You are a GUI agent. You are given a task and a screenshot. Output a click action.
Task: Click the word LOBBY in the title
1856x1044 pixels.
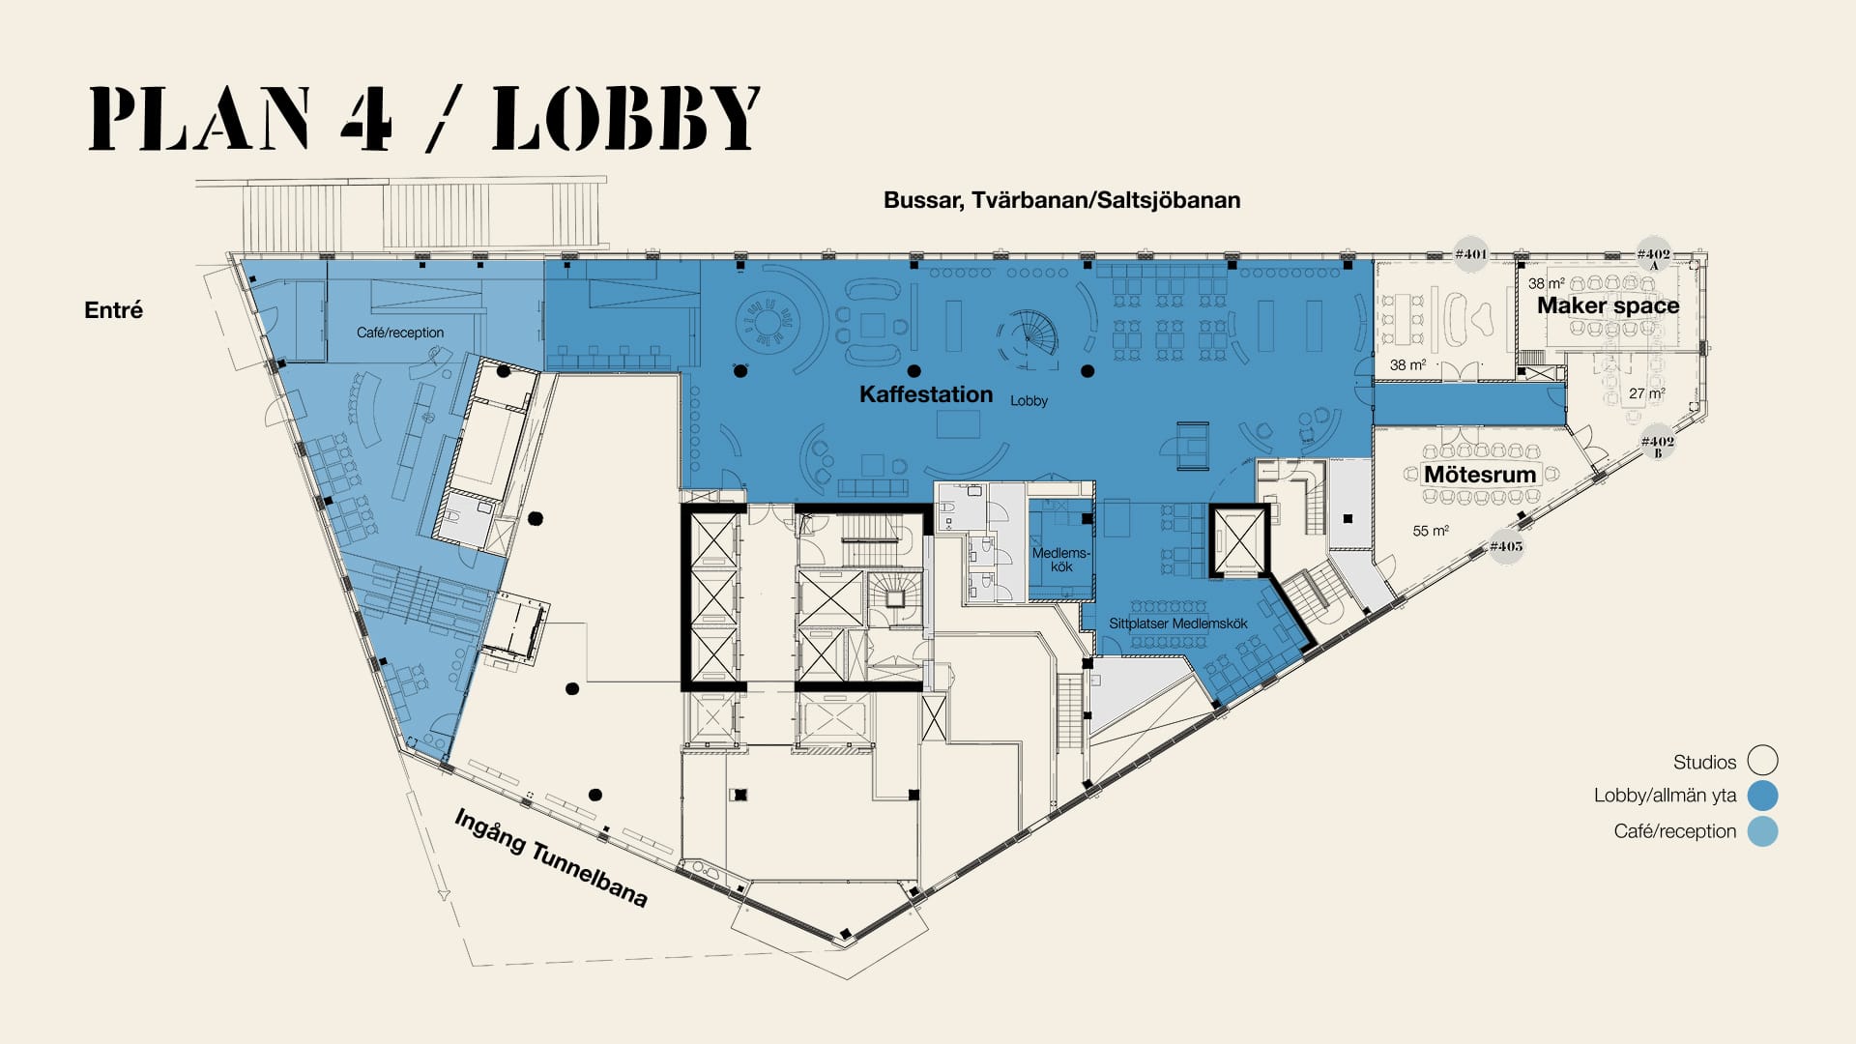[x=626, y=118]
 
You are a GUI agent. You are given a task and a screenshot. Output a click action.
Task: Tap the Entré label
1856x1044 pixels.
[x=113, y=310]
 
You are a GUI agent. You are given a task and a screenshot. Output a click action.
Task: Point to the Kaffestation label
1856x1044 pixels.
[x=926, y=394]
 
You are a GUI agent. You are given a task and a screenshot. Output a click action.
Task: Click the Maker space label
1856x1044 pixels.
[x=1609, y=305]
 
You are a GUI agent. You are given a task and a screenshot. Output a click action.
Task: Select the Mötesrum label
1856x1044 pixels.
[x=1480, y=475]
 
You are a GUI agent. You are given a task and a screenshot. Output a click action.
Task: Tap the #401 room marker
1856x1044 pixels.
[x=1470, y=254]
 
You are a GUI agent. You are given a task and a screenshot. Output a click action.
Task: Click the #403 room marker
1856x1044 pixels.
[x=1506, y=546]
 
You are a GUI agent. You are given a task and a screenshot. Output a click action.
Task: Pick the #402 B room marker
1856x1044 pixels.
[x=1657, y=444]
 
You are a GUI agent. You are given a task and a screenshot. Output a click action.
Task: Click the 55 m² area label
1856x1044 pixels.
[x=1431, y=531]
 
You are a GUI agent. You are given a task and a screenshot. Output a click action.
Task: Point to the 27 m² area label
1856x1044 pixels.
[x=1647, y=393]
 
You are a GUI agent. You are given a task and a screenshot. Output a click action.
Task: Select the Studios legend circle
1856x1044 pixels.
[x=1762, y=761]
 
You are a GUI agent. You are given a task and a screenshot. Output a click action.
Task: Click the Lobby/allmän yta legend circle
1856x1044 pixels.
[x=1762, y=796]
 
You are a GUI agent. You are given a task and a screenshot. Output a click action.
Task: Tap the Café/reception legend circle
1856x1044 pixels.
[x=1762, y=831]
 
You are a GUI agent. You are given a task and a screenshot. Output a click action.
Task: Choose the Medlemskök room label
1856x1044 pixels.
[x=1060, y=560]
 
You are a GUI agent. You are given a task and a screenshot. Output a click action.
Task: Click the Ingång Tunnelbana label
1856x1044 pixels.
[x=550, y=858]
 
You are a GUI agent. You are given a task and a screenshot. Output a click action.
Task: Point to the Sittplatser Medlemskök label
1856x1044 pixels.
[x=1178, y=623]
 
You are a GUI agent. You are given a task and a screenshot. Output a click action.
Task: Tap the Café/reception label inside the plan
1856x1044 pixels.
[x=400, y=333]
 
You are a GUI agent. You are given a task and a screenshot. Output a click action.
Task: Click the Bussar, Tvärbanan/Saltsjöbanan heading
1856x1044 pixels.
[x=1061, y=200]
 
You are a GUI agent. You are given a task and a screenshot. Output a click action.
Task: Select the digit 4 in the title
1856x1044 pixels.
[x=366, y=118]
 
